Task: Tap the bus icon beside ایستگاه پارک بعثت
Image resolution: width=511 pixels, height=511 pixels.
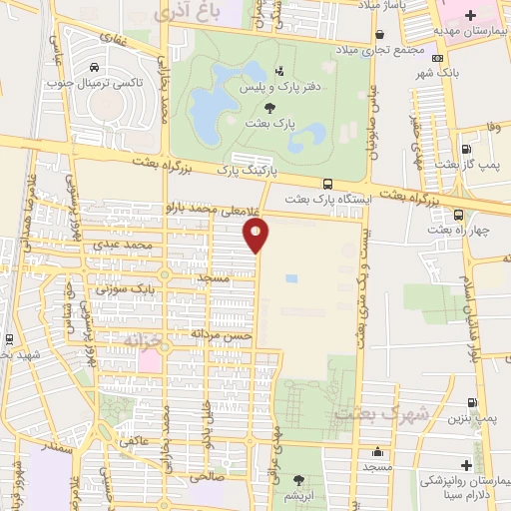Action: [327, 184]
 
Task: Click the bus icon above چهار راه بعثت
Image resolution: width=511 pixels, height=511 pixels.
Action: [457, 215]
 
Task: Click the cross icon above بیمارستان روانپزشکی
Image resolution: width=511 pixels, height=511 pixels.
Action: [466, 465]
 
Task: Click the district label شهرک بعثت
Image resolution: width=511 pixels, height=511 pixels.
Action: [367, 411]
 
